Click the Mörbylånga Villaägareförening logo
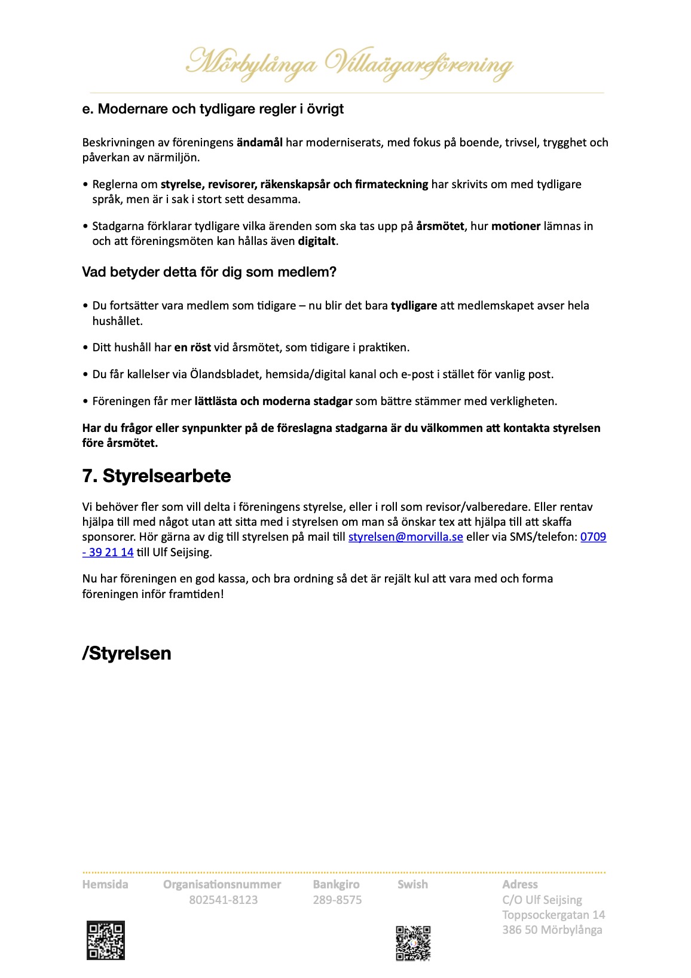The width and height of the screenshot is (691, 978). click(x=349, y=63)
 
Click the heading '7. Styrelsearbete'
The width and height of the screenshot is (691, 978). click(x=157, y=476)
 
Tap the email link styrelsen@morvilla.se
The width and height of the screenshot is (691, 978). click(x=405, y=537)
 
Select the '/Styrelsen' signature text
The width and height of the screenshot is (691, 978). click(x=127, y=653)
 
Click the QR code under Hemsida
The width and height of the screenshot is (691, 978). click(x=106, y=940)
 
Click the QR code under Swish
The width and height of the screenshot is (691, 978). click(x=413, y=943)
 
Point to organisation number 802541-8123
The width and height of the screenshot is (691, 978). click(x=224, y=900)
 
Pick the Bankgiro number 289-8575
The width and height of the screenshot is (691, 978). click(x=337, y=900)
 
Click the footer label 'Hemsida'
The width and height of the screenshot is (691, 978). click(x=105, y=884)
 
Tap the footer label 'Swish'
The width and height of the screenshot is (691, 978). click(x=412, y=884)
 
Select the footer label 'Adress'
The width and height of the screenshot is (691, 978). click(x=519, y=884)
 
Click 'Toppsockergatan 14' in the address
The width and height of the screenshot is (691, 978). click(x=554, y=915)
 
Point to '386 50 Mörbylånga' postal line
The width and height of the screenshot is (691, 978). click(x=552, y=930)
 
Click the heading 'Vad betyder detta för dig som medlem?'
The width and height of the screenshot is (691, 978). click(x=209, y=272)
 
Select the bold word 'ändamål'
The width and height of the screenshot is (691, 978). click(x=259, y=143)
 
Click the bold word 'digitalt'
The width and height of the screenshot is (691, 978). click(x=317, y=241)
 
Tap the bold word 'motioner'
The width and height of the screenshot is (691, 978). click(x=516, y=226)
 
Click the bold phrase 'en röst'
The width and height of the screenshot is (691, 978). click(x=192, y=348)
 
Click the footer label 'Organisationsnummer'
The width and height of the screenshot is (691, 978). click(x=222, y=884)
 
